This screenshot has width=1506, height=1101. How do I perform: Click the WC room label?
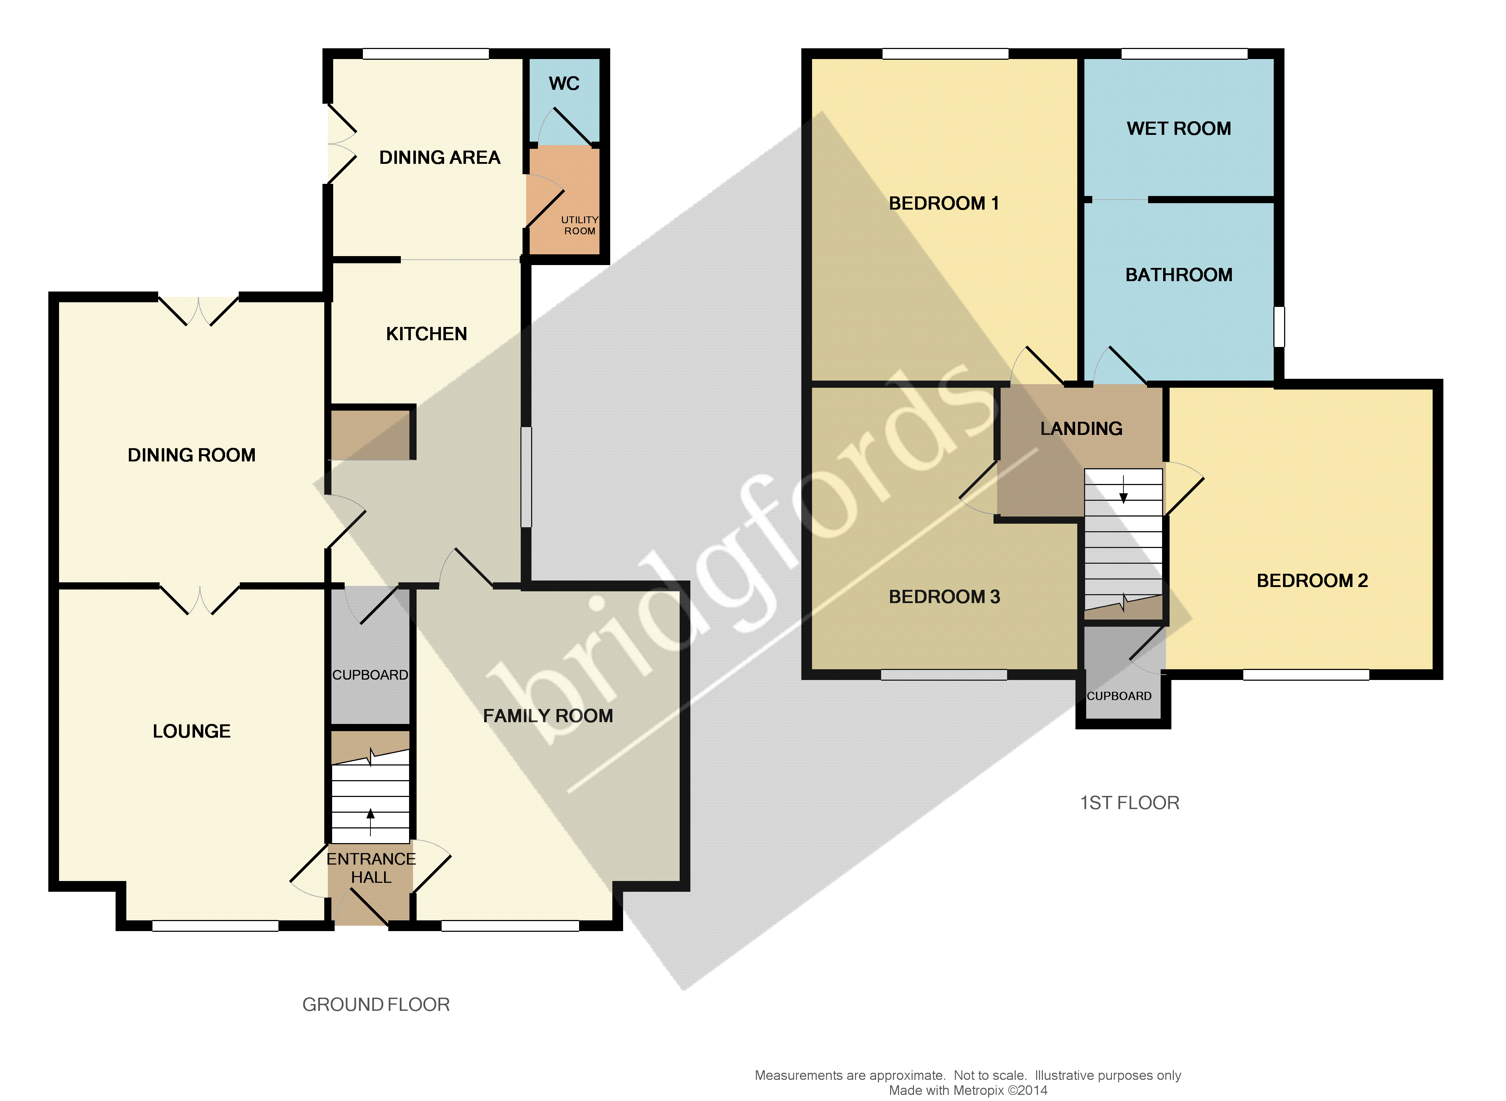(x=563, y=84)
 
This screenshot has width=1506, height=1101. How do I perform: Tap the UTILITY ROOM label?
(x=579, y=225)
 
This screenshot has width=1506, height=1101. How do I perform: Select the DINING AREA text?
(x=439, y=158)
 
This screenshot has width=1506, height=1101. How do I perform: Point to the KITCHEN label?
(x=427, y=334)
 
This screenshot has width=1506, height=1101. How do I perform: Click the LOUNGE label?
(x=191, y=731)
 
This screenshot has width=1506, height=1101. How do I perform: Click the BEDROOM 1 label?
(x=943, y=203)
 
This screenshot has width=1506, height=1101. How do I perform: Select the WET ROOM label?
(x=1179, y=129)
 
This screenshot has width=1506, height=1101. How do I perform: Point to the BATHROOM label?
(x=1179, y=275)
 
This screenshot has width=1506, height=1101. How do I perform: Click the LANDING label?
(x=1081, y=429)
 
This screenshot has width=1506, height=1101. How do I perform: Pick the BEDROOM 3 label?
(x=944, y=597)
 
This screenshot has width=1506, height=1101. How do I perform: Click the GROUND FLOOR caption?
(x=376, y=1004)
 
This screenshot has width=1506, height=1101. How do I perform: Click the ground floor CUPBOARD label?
(x=370, y=675)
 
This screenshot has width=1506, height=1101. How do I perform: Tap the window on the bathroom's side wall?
(x=1279, y=327)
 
